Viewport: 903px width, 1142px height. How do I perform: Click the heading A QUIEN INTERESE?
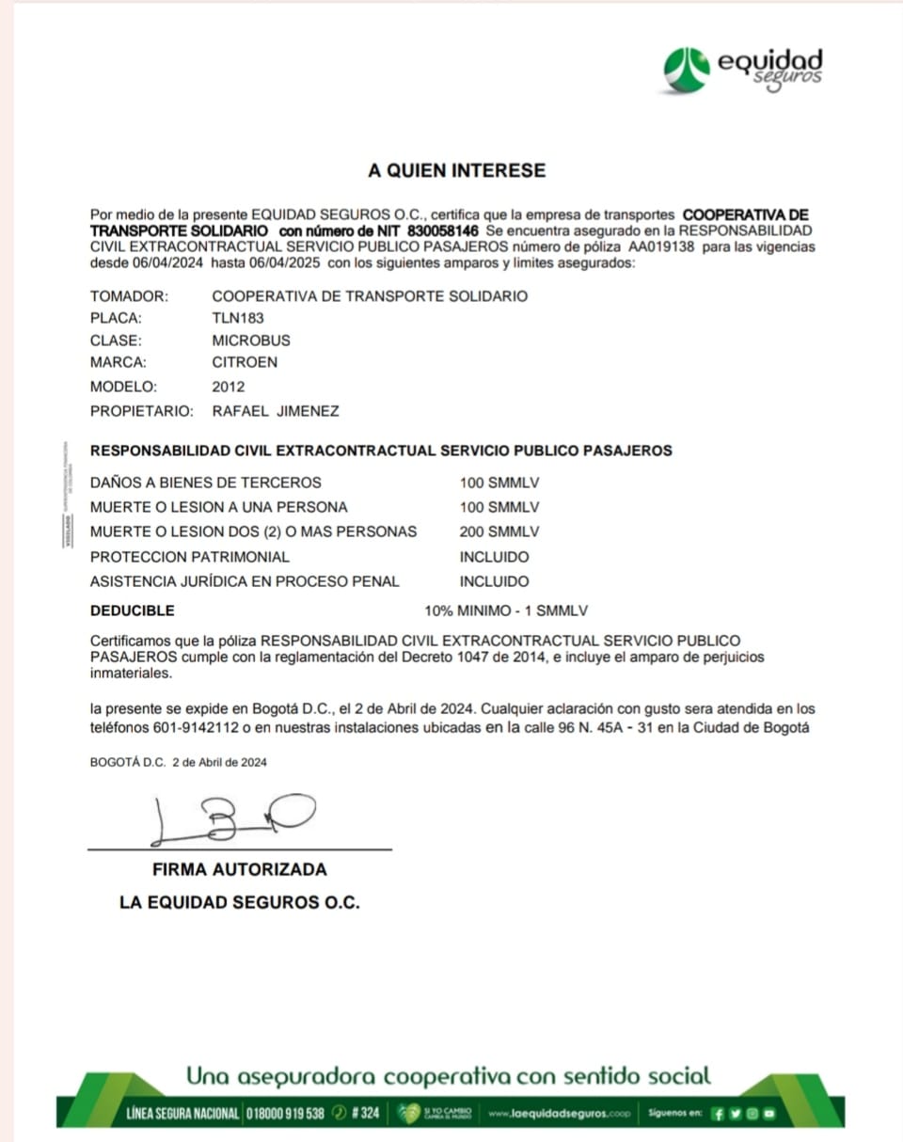[456, 171]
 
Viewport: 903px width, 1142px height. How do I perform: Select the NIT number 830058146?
[444, 230]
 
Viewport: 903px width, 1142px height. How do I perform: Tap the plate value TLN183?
[238, 318]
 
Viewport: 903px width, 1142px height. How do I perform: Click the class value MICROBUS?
[251, 341]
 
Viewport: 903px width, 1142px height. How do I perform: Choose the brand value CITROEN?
[245, 362]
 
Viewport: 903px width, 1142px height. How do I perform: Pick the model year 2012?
[228, 387]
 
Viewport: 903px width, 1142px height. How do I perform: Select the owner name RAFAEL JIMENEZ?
[276, 411]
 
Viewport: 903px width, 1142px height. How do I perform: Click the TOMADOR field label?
[129, 296]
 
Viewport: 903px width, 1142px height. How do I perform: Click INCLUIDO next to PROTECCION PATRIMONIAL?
[494, 557]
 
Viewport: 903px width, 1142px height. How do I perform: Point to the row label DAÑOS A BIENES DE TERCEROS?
[206, 483]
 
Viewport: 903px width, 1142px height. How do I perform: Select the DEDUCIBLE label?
[133, 611]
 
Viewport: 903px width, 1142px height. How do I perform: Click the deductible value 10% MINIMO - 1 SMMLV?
[507, 611]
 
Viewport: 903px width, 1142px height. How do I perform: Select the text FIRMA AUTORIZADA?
[239, 869]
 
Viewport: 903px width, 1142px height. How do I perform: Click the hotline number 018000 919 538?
[286, 1113]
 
